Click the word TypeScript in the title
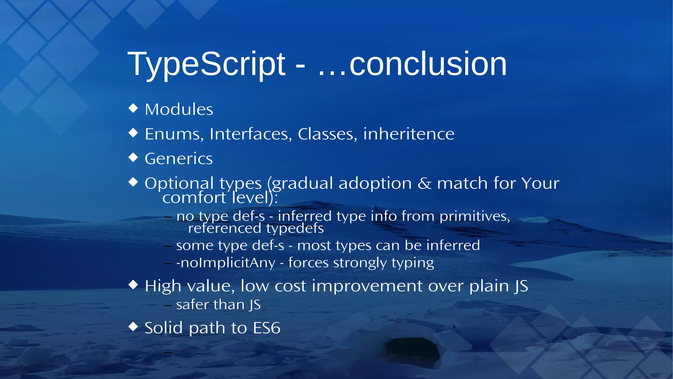[206, 64]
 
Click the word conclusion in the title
[428, 64]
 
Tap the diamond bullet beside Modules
[133, 108]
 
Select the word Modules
[179, 109]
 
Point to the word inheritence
[408, 134]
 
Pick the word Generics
[179, 159]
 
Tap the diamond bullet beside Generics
[133, 157]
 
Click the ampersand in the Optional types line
[424, 183]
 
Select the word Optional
[179, 184]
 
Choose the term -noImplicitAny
[226, 263]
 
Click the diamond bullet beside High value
[133, 285]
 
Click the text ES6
[267, 328]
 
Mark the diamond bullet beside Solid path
[133, 327]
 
